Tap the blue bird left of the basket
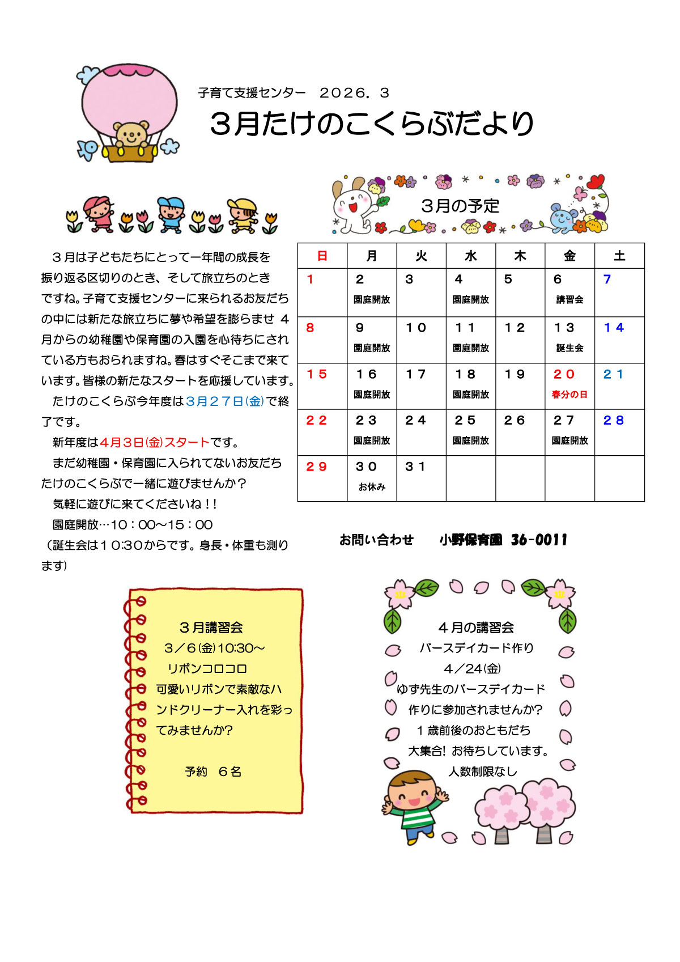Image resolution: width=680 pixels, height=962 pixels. (x=88, y=149)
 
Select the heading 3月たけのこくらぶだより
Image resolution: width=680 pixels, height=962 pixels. (x=372, y=124)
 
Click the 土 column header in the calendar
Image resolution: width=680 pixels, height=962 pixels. (x=619, y=256)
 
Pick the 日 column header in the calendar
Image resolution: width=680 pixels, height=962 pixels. (x=322, y=256)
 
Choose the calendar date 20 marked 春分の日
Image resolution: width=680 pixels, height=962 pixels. (x=564, y=374)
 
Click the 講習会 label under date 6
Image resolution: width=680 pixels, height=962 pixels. (x=569, y=299)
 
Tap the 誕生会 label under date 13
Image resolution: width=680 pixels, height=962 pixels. (x=569, y=347)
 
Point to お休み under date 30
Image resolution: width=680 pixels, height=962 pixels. (x=372, y=486)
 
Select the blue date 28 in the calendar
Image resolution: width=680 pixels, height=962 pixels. (x=614, y=420)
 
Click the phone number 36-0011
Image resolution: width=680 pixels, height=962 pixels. (x=539, y=540)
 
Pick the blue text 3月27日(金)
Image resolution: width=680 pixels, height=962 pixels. (x=225, y=401)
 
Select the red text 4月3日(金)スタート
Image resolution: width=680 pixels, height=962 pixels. (x=155, y=442)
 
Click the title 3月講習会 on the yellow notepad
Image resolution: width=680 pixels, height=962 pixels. (x=211, y=628)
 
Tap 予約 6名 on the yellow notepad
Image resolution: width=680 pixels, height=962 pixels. (x=213, y=772)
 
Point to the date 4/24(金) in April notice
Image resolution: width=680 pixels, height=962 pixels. (x=472, y=669)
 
